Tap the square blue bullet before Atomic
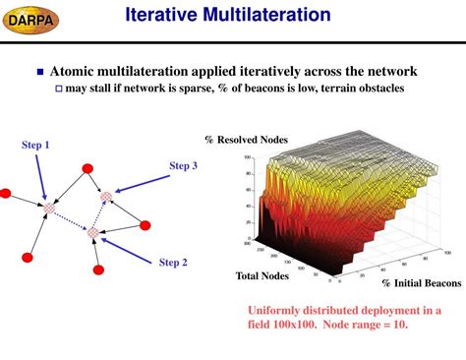[x=40, y=72]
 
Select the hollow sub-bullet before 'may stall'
[x=58, y=90]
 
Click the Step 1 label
[x=35, y=146]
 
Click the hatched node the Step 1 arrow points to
[x=49, y=208]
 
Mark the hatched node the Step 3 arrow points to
[x=106, y=197]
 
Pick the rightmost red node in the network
[x=146, y=225]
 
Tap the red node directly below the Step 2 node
[x=98, y=270]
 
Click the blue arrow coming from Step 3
[x=143, y=184]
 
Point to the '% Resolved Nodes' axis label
[x=246, y=140]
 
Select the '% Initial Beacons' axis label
[x=421, y=282]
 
